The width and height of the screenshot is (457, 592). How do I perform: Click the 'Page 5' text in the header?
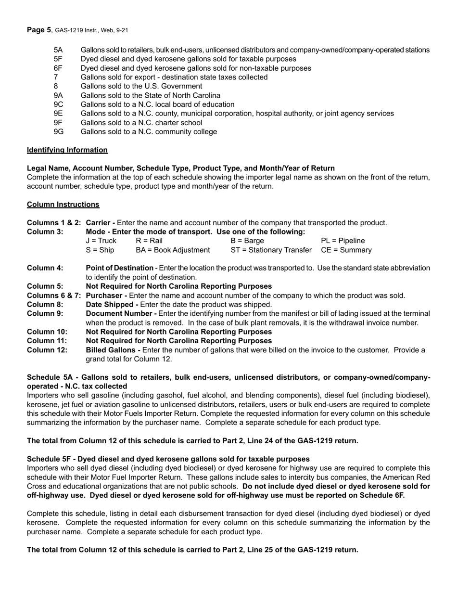point(39,30)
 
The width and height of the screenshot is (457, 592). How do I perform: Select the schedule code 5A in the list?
point(58,50)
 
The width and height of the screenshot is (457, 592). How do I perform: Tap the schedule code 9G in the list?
point(59,132)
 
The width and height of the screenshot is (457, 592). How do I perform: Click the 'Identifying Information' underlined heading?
point(67,150)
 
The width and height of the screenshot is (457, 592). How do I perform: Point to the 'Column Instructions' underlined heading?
point(63,205)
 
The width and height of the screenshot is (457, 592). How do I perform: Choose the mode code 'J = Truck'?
point(101,241)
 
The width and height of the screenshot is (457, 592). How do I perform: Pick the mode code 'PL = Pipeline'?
point(343,241)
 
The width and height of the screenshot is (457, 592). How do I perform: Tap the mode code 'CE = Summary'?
point(346,250)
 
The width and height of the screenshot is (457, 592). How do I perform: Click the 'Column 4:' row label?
point(45,268)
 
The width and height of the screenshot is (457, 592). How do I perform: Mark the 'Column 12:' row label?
point(47,350)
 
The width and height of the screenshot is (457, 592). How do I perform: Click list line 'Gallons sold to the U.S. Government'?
point(141,87)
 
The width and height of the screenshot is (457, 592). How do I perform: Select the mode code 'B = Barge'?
point(247,241)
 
